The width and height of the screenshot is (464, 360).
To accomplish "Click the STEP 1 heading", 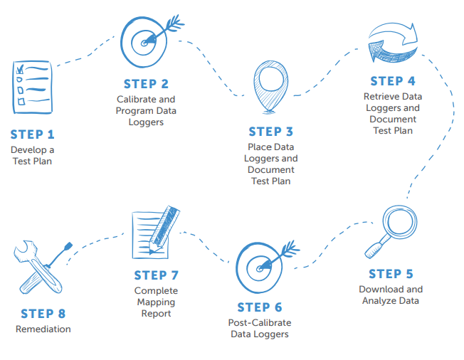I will pyautogui.click(x=32, y=134).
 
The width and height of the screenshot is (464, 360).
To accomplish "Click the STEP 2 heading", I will pyautogui.click(x=146, y=84).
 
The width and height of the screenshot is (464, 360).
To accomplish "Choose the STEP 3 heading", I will pyautogui.click(x=270, y=132).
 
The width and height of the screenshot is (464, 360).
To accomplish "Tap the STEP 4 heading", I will pyautogui.click(x=392, y=81).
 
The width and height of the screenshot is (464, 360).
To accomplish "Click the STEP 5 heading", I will pyautogui.click(x=391, y=274).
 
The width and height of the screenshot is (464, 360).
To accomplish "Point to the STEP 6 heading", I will pyautogui.click(x=260, y=307).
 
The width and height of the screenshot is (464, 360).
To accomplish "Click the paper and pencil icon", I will pyautogui.click(x=155, y=231).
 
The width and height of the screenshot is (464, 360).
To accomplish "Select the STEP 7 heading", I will pyautogui.click(x=156, y=275).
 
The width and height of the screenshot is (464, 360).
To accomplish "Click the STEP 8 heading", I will pyautogui.click(x=43, y=314).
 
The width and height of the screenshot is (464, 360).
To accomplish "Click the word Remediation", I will pyautogui.click(x=43, y=329).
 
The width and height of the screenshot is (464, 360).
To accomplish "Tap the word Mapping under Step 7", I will pyautogui.click(x=156, y=302).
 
